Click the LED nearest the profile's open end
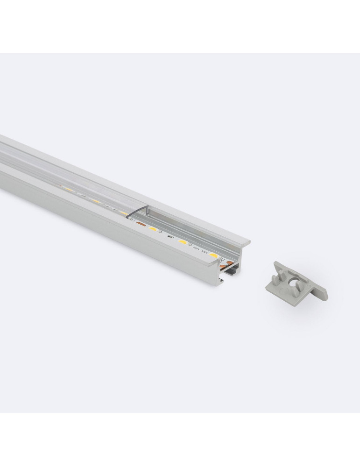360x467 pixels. coord(213,255)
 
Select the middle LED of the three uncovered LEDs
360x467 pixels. coord(182,242)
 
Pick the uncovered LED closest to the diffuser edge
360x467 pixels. coord(152,230)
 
